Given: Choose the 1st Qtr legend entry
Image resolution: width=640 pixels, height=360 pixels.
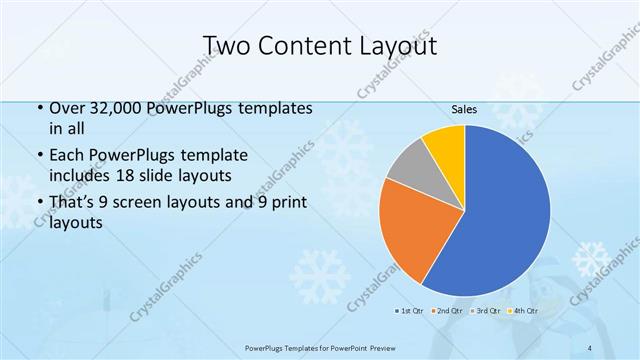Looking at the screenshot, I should click(x=408, y=311).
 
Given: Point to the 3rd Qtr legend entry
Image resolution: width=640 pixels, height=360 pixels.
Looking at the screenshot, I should click(x=486, y=311).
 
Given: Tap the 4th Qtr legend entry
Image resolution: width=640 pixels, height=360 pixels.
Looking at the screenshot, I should click(x=524, y=311).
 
